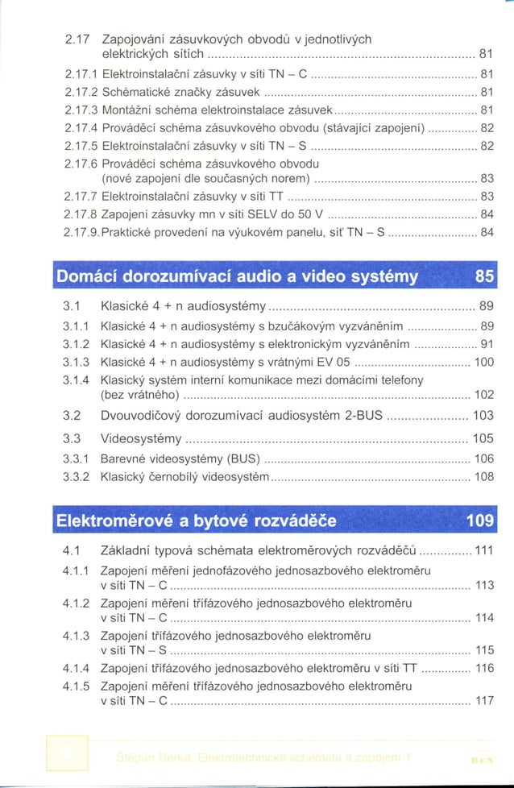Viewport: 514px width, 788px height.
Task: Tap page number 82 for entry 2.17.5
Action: [x=487, y=146]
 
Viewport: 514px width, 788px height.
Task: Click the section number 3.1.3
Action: [x=76, y=363]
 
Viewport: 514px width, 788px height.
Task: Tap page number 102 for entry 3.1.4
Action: [x=483, y=395]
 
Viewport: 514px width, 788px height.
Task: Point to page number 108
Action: [x=483, y=477]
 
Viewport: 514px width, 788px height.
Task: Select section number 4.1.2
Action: [x=76, y=602]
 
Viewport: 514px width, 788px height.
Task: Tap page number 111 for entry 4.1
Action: [x=483, y=552]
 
